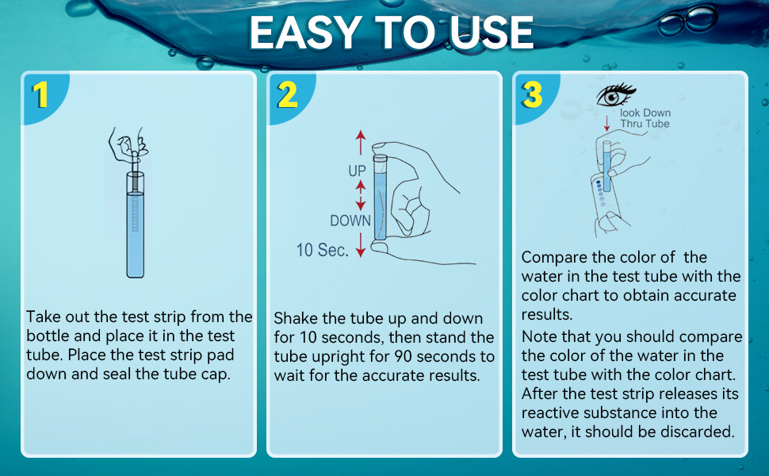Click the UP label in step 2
(x=358, y=171)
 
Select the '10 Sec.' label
(x=322, y=251)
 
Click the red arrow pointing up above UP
(x=361, y=143)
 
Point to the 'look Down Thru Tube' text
(x=645, y=118)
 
